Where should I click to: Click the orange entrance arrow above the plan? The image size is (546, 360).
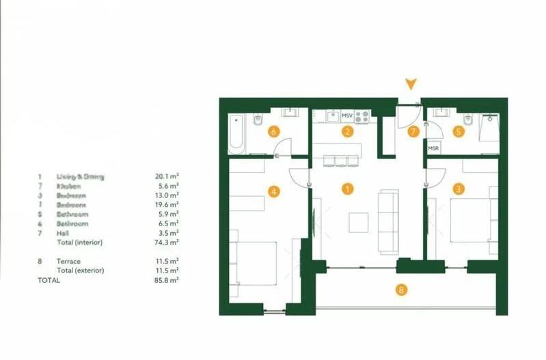click(x=410, y=84)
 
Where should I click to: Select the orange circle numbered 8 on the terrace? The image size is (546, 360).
click(x=402, y=290)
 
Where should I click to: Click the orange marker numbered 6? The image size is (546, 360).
click(x=273, y=131)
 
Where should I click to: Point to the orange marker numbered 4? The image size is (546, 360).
click(x=274, y=192)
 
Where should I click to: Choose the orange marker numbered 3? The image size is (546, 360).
click(x=459, y=189)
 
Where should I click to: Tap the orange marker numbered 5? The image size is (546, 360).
click(x=459, y=131)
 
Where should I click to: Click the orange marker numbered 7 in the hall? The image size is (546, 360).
click(x=413, y=133)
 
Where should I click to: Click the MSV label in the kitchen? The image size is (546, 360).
click(x=346, y=117)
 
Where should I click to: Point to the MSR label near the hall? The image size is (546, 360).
click(x=433, y=148)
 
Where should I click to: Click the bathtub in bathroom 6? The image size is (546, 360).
click(x=236, y=132)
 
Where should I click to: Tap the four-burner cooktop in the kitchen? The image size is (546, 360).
click(x=362, y=117)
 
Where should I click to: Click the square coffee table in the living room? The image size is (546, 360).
click(x=358, y=222)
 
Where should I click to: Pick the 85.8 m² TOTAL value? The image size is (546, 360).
click(x=167, y=280)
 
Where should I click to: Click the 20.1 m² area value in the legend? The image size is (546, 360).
click(x=167, y=176)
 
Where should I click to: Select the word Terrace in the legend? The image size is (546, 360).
click(x=69, y=261)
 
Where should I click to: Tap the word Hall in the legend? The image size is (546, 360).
click(x=63, y=233)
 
